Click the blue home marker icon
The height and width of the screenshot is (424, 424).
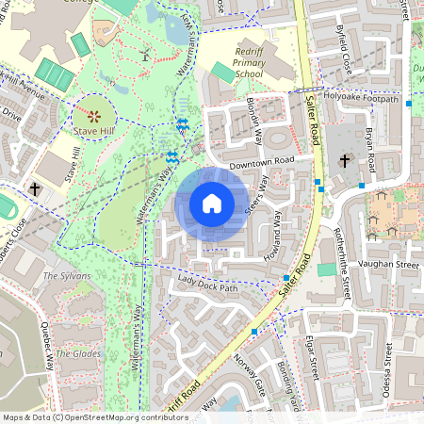coord(212,204)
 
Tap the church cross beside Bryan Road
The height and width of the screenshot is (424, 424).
coord(345,161)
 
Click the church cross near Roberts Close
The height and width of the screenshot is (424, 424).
coord(35,189)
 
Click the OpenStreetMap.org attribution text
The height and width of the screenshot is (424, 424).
coord(122,417)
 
